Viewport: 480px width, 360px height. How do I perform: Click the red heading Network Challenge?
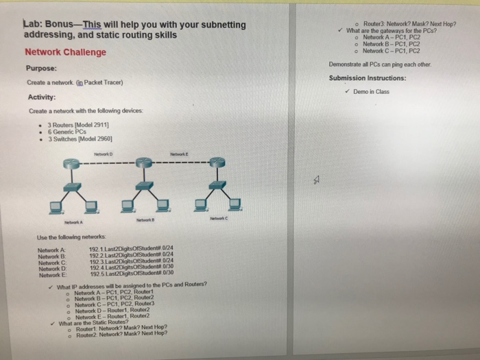(66, 52)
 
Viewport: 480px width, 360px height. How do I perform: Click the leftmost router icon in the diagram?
(71, 163)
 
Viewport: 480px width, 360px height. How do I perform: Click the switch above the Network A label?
(71, 184)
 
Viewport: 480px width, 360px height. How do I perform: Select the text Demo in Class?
(374, 91)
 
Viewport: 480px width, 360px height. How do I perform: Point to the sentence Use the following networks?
(72, 237)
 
